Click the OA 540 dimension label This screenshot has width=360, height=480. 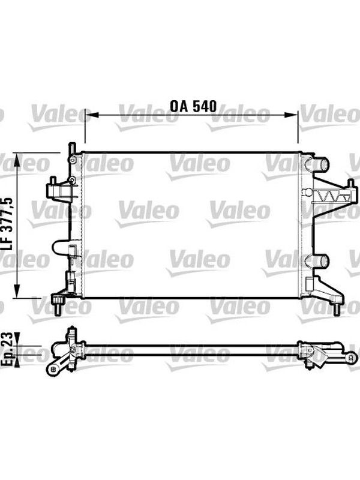point(193,106)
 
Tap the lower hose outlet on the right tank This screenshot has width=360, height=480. point(320,260)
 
